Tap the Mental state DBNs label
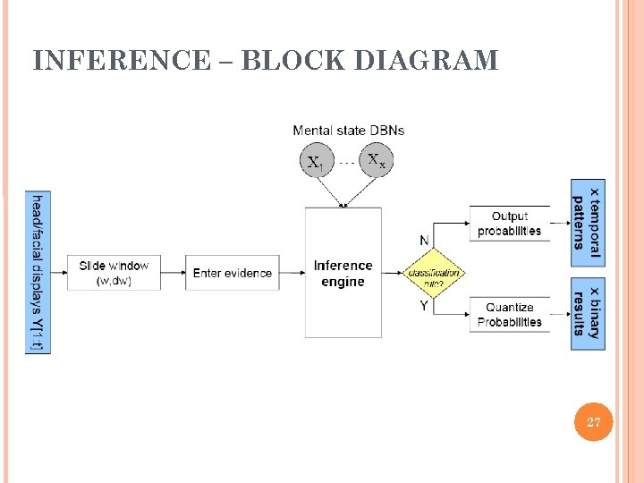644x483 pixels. [348, 131]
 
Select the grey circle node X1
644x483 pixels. [316, 162]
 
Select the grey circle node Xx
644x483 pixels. [376, 162]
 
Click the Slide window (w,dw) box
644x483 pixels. [114, 273]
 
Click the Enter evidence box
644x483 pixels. [232, 273]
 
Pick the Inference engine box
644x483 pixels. [343, 273]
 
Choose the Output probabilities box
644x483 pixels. [509, 224]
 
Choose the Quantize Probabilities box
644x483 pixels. [509, 315]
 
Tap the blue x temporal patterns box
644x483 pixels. [588, 223]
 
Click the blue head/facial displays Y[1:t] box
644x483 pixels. [38, 272]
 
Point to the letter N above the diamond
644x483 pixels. [424, 240]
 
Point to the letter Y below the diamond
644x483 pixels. [424, 306]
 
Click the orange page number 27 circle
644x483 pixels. [593, 422]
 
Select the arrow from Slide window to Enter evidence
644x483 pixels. [174, 273]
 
